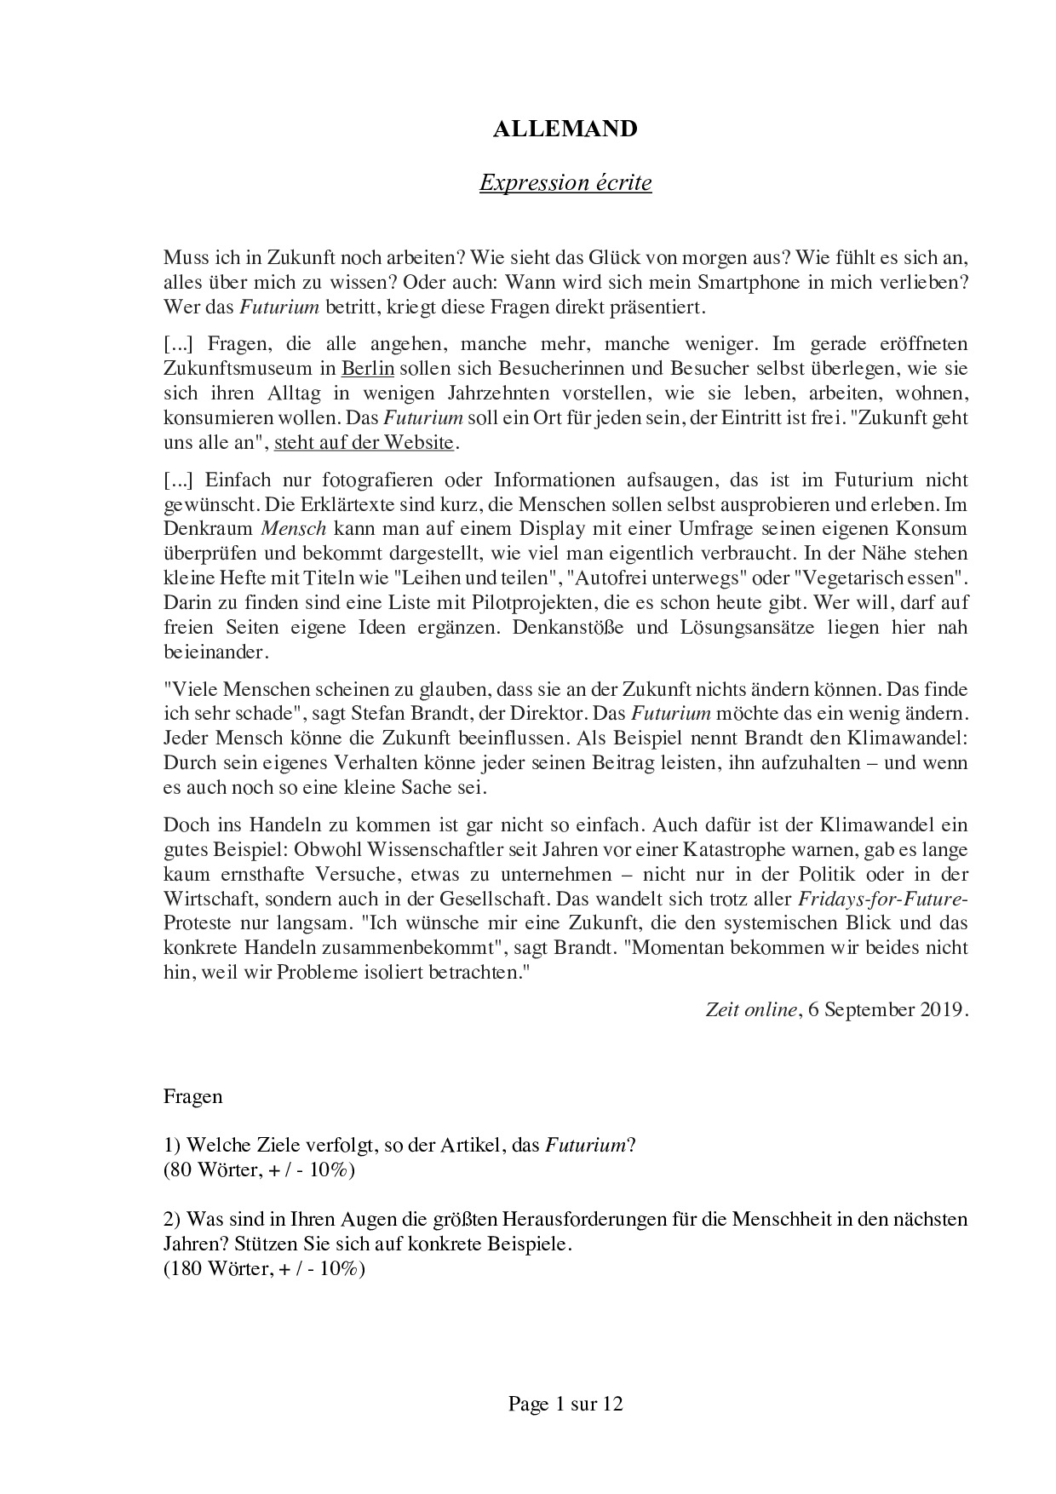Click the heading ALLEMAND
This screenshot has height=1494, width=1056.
(x=565, y=129)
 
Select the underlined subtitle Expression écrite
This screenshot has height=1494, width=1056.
(x=565, y=182)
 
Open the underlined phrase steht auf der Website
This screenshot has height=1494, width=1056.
(x=364, y=443)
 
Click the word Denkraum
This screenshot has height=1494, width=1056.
(x=207, y=529)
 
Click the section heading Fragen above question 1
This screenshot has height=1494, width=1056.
(x=192, y=1096)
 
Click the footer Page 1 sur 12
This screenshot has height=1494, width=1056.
(x=565, y=1404)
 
